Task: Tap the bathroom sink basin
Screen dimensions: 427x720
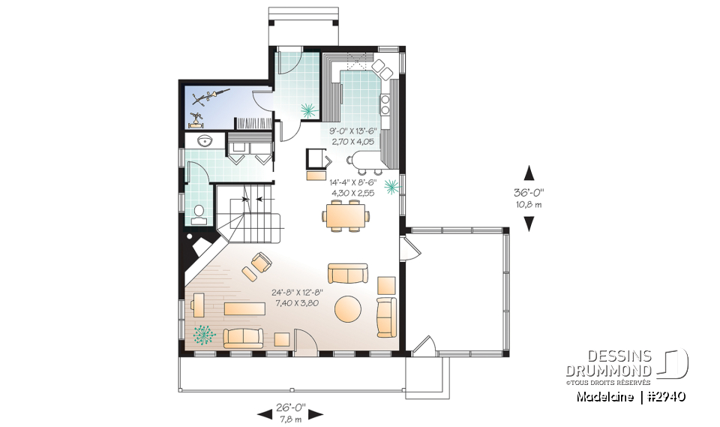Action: (203, 141)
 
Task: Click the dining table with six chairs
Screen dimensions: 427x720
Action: (346, 216)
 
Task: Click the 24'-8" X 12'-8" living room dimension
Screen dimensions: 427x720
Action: (299, 297)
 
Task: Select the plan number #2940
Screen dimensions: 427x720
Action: (669, 395)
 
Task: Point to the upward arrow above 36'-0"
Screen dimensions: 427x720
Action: (528, 171)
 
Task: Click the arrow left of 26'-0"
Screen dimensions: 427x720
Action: (263, 413)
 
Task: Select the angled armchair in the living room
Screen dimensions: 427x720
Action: (260, 263)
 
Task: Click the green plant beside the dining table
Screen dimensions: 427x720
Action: (390, 186)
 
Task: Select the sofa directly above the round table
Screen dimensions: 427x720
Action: (347, 272)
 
